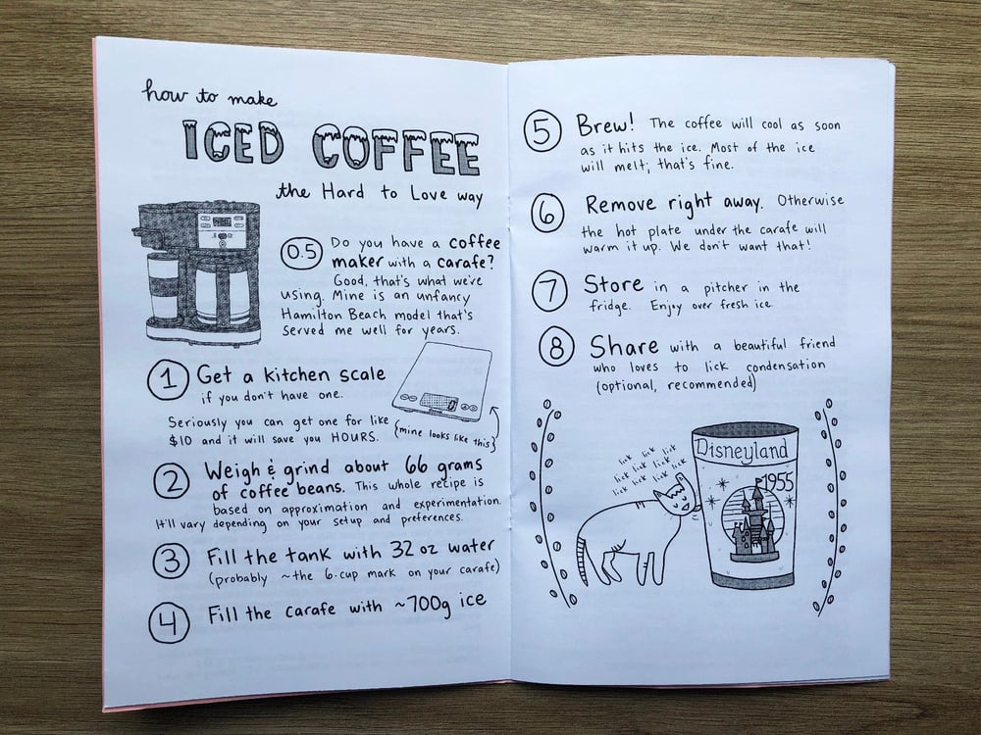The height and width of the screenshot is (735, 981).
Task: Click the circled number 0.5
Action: [300, 254]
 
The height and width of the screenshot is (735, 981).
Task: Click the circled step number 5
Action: [542, 134]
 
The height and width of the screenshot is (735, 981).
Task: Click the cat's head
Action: [675, 501]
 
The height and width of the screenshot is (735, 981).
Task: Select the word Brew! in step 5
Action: [605, 126]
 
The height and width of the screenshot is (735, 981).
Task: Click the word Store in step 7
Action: [613, 285]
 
